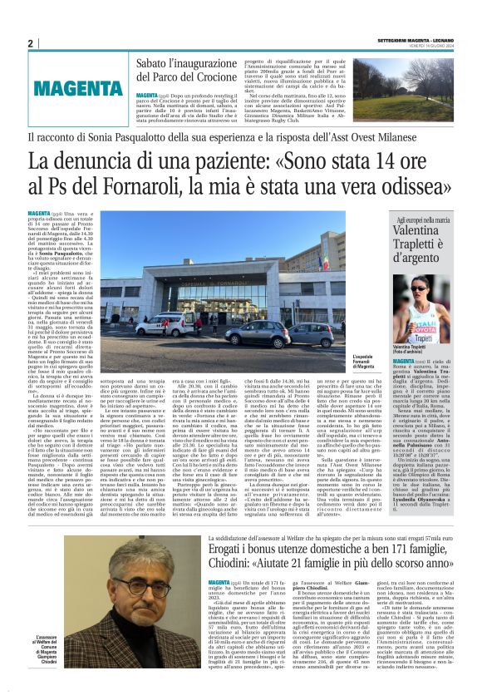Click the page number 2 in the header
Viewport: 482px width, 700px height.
pos(30,43)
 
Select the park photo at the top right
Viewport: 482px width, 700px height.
pos(435,87)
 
